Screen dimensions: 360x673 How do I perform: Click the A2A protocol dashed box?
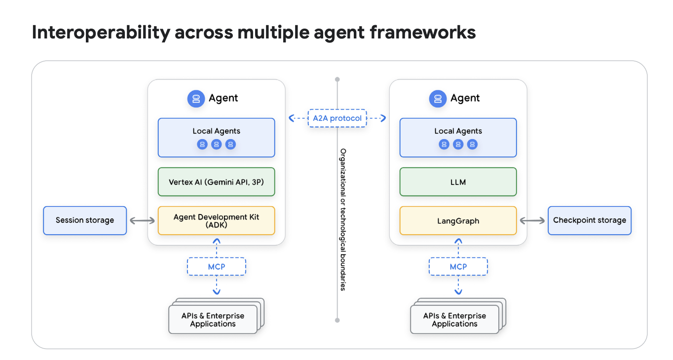click(x=337, y=118)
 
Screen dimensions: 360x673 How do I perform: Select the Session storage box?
click(x=85, y=220)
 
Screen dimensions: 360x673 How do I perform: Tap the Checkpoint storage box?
click(x=590, y=220)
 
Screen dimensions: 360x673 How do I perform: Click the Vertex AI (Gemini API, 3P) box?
click(x=216, y=182)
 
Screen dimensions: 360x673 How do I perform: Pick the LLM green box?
click(x=458, y=182)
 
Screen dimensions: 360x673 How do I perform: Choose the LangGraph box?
click(x=458, y=221)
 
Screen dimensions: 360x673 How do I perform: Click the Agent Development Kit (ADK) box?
click(x=216, y=220)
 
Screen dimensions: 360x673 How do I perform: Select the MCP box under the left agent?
click(x=216, y=267)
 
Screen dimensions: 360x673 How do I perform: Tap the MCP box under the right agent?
click(x=458, y=267)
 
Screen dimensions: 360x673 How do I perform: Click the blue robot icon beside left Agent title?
click(x=196, y=99)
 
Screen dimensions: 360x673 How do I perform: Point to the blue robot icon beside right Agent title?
click(x=438, y=99)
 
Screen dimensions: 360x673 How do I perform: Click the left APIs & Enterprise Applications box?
click(x=213, y=320)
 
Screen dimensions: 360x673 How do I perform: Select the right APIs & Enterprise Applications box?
click(x=455, y=320)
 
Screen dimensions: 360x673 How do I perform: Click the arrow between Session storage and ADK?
click(x=142, y=221)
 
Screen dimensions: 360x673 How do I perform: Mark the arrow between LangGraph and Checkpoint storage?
click(x=532, y=221)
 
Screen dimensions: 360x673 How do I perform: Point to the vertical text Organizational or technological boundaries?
click(x=343, y=219)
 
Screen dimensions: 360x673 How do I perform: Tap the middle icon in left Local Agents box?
click(x=216, y=144)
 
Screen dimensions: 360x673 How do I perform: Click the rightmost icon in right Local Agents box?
click(x=472, y=144)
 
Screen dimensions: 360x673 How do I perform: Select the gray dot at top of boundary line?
click(x=337, y=79)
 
